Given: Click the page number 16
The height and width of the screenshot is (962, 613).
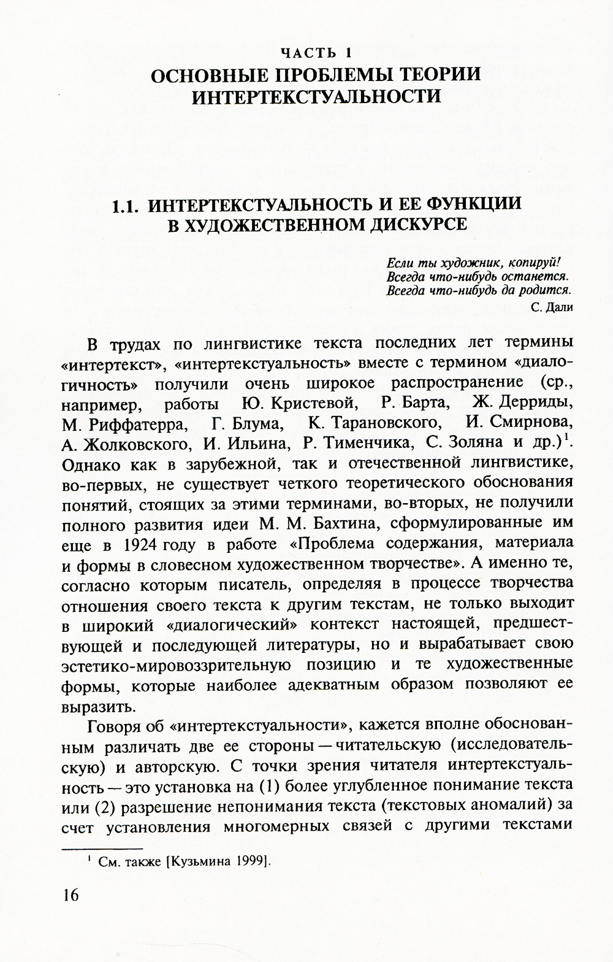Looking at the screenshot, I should (70, 912).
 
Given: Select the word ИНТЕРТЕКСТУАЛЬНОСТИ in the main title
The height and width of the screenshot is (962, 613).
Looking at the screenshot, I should (316, 97).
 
